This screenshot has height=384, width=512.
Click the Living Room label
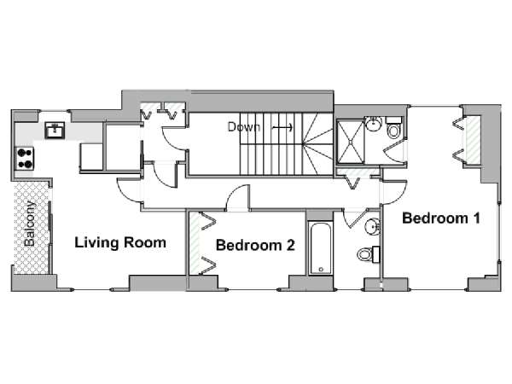[x=120, y=242]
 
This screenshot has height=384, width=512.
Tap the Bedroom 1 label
[x=441, y=218]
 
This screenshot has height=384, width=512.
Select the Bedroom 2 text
[x=255, y=245]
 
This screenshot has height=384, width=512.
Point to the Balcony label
[x=30, y=224]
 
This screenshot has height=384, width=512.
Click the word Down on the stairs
[x=243, y=126]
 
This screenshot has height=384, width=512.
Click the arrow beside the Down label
[x=282, y=127]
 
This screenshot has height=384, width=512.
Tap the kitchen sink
[x=55, y=131]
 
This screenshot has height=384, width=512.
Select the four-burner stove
[x=25, y=159]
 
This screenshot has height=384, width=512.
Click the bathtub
[x=320, y=248]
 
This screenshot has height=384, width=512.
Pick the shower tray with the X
[x=351, y=142]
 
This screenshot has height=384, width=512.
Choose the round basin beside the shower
[x=374, y=124]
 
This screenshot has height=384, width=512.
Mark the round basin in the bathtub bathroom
[x=373, y=226]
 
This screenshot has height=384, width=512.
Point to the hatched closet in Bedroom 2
[x=195, y=243]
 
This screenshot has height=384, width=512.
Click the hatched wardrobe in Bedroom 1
[x=473, y=140]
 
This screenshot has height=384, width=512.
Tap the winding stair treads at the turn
[x=317, y=144]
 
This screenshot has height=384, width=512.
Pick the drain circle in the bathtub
[x=321, y=270]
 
